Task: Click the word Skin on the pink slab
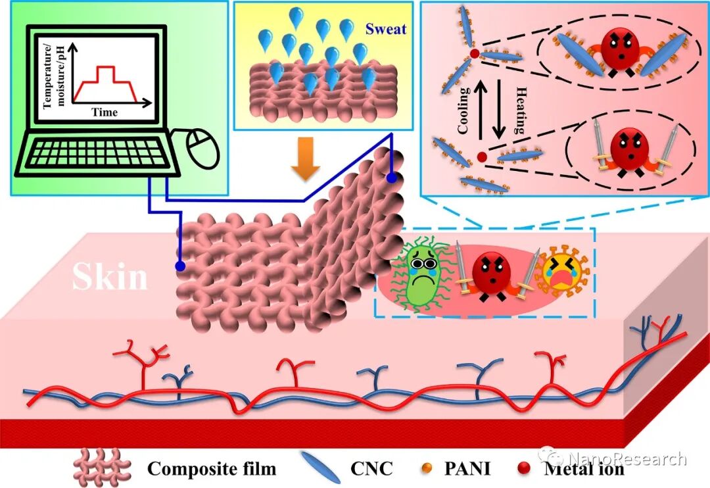110,277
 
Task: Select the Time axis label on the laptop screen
105,112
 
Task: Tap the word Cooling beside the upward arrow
464,110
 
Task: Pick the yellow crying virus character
563,276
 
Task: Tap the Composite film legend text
212,469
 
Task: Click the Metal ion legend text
584,469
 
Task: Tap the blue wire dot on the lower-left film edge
178,266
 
